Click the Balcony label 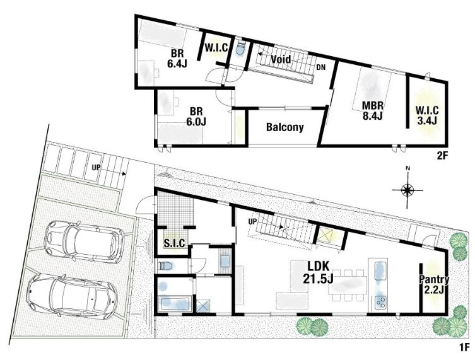pos(284,127)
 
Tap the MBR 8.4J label pos(373,110)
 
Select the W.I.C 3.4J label pos(427,115)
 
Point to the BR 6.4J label pos(177,59)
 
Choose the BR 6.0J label pos(196,116)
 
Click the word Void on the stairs pos(281,59)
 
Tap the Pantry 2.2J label pos(434,284)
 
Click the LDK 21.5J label pos(318,273)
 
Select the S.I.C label pos(175,243)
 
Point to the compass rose pos(408,190)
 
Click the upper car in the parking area pos(85,241)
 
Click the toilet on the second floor pos(240,49)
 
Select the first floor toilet pos(165,266)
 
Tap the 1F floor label pos(464,346)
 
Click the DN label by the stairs pos(321,67)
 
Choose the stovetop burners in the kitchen pos(380,301)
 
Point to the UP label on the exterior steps pos(96,167)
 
